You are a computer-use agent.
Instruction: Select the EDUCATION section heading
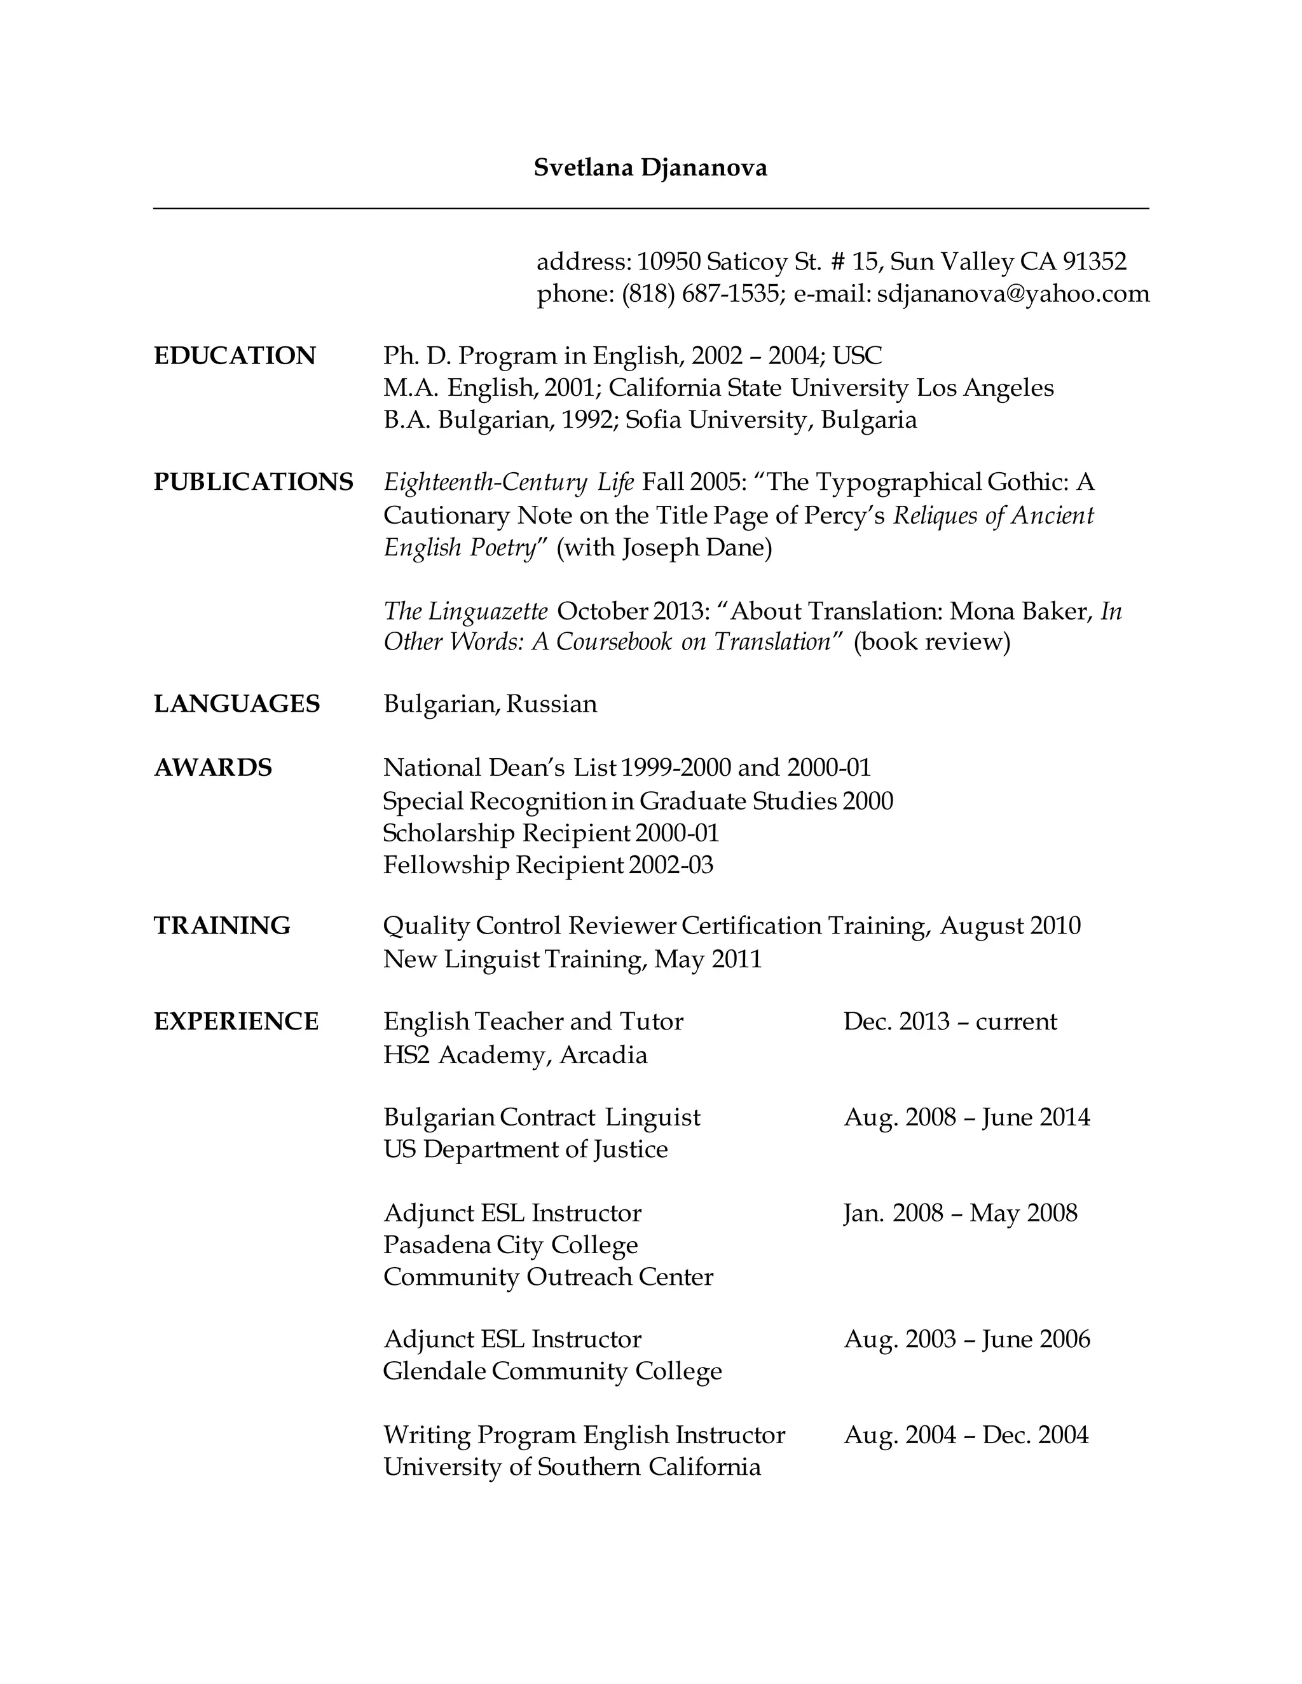tap(235, 355)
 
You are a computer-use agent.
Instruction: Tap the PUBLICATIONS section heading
tap(253, 482)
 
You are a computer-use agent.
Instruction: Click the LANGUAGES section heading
tap(236, 704)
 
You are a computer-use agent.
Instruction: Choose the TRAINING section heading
tap(222, 925)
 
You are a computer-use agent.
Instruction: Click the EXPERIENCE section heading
tap(236, 1022)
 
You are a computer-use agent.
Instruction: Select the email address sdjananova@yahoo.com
tap(1013, 294)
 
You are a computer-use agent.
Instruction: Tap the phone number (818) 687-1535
tap(701, 294)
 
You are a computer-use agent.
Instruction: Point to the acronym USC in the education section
tap(857, 355)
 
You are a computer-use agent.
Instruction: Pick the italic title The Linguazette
tap(466, 611)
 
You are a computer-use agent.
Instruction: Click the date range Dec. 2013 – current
tap(950, 1022)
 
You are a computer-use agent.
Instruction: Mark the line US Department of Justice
tap(525, 1149)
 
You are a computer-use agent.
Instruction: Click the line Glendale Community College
tap(552, 1371)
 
